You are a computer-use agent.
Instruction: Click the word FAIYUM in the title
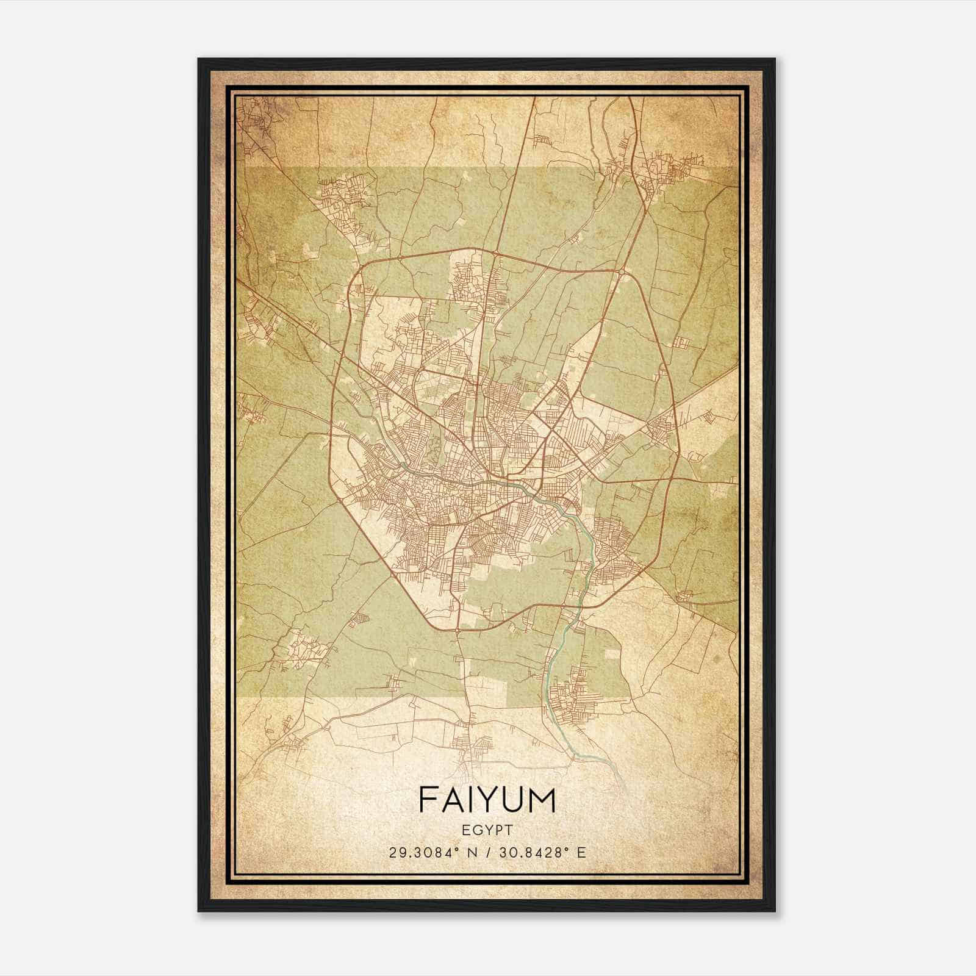[487, 800]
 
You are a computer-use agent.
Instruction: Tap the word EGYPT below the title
[487, 830]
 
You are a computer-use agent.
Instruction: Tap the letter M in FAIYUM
[542, 800]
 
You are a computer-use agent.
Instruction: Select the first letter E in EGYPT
[465, 830]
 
